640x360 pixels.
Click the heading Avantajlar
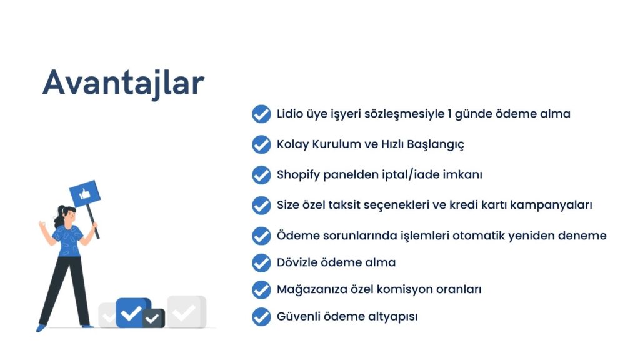coord(123,83)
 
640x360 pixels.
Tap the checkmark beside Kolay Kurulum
coord(261,144)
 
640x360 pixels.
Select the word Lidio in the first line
coord(290,114)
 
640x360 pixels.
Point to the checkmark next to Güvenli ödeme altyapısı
coord(261,317)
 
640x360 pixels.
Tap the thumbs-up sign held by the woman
coord(85,193)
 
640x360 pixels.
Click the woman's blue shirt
coord(67,241)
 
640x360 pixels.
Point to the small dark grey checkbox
coord(154,318)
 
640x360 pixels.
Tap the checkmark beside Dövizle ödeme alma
coord(261,263)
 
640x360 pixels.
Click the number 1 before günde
coord(449,114)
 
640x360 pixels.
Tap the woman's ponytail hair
coord(59,217)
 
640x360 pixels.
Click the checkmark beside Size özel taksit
coord(261,205)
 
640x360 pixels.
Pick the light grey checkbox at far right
coord(186,312)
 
